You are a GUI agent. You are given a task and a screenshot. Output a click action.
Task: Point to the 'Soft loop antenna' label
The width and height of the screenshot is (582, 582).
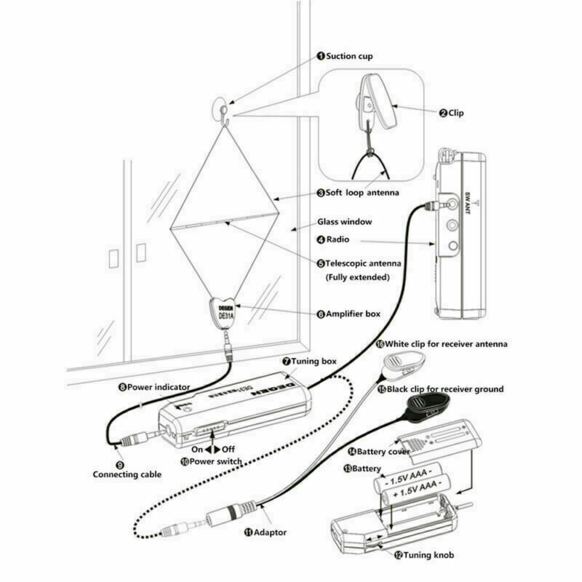point(362,193)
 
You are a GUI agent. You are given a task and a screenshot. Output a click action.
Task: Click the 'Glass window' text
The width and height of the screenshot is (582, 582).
point(344,221)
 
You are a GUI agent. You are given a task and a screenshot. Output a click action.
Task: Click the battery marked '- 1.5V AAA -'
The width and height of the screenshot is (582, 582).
point(410,482)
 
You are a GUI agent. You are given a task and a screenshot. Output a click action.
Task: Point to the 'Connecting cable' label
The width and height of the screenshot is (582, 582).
point(127,474)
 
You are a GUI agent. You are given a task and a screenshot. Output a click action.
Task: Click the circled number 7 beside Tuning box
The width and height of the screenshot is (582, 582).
point(287,361)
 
